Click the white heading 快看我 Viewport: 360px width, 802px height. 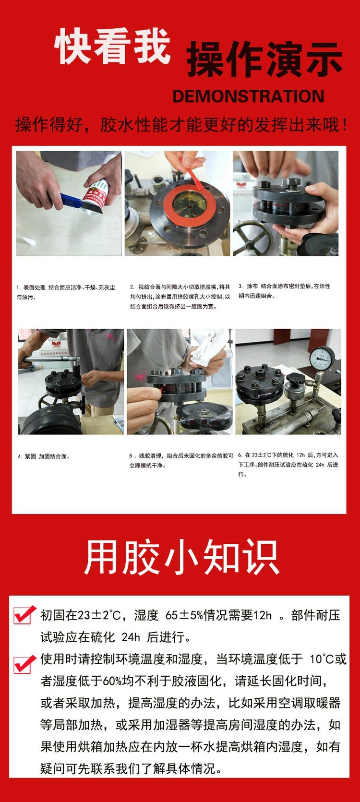click(x=112, y=47)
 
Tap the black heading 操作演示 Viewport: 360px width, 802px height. click(x=264, y=60)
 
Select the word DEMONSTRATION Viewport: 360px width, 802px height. click(x=249, y=96)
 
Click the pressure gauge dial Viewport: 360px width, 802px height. click(x=322, y=359)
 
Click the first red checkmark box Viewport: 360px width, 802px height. click(x=24, y=615)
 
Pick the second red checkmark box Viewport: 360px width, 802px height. click(x=24, y=665)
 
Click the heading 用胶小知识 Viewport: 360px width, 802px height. click(x=181, y=557)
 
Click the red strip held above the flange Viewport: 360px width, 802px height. click(x=195, y=179)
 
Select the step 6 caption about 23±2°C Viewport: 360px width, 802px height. click(x=288, y=465)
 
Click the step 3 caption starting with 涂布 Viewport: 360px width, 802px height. click(x=285, y=291)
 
